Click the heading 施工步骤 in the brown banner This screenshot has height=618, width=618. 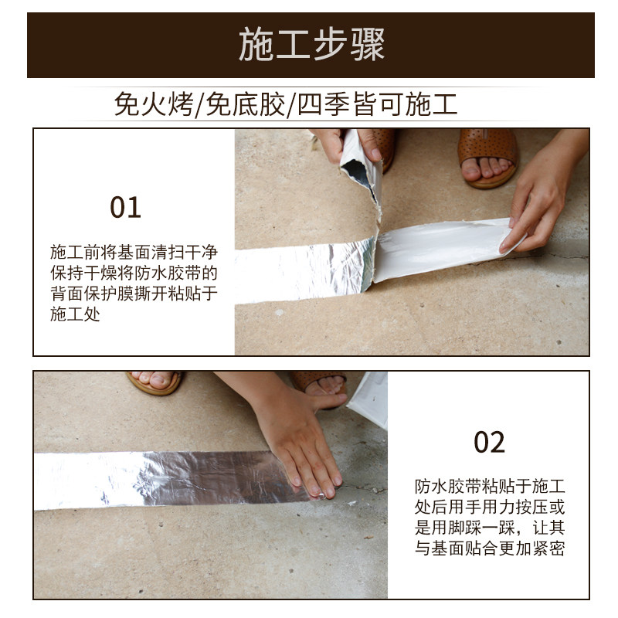311,45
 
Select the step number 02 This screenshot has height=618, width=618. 488,442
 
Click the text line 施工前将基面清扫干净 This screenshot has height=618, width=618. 133,252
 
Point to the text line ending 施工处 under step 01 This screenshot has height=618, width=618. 75,315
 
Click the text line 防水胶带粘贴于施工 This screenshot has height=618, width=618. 489,487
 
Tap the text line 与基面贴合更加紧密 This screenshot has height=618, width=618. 489,549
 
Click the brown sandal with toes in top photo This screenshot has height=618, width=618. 488,154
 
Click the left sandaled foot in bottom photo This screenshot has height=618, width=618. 154,381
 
